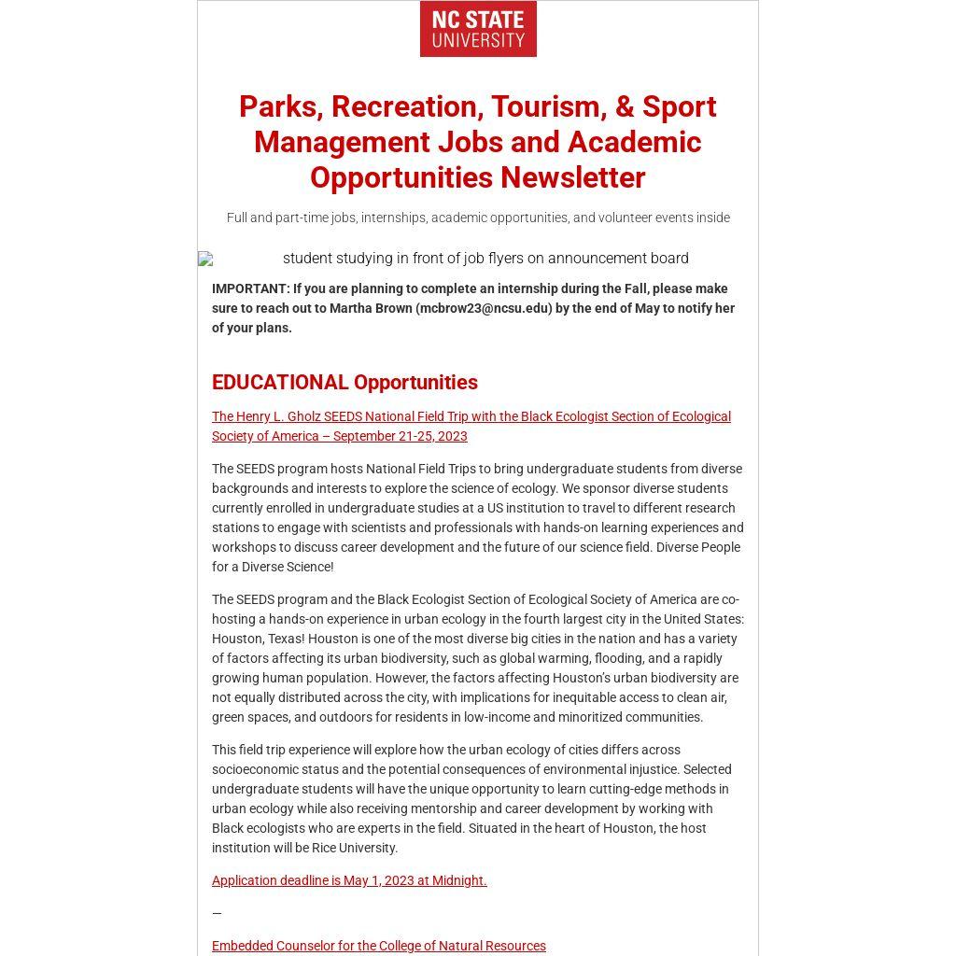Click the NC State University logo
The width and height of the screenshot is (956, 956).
(x=478, y=29)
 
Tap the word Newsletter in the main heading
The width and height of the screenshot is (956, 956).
(x=572, y=177)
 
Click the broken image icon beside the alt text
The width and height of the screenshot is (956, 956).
(x=205, y=259)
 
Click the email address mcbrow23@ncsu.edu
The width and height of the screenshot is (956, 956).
(x=485, y=308)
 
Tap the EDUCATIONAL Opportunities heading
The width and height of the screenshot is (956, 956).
(x=344, y=382)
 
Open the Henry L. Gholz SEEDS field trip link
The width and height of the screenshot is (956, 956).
(x=471, y=416)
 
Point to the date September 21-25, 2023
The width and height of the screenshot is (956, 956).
(x=401, y=436)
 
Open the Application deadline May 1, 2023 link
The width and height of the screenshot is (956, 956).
(x=349, y=880)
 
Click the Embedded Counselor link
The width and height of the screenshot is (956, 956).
(x=378, y=946)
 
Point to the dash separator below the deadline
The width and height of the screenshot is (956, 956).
(x=217, y=913)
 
